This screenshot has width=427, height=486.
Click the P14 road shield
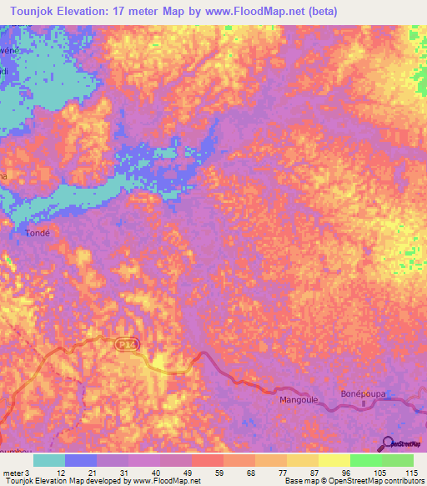point(125,343)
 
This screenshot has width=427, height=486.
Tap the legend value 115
point(410,472)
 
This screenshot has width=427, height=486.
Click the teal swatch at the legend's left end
point(49,460)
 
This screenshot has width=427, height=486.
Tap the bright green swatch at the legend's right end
point(398,460)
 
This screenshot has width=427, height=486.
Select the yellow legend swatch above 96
point(334,460)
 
